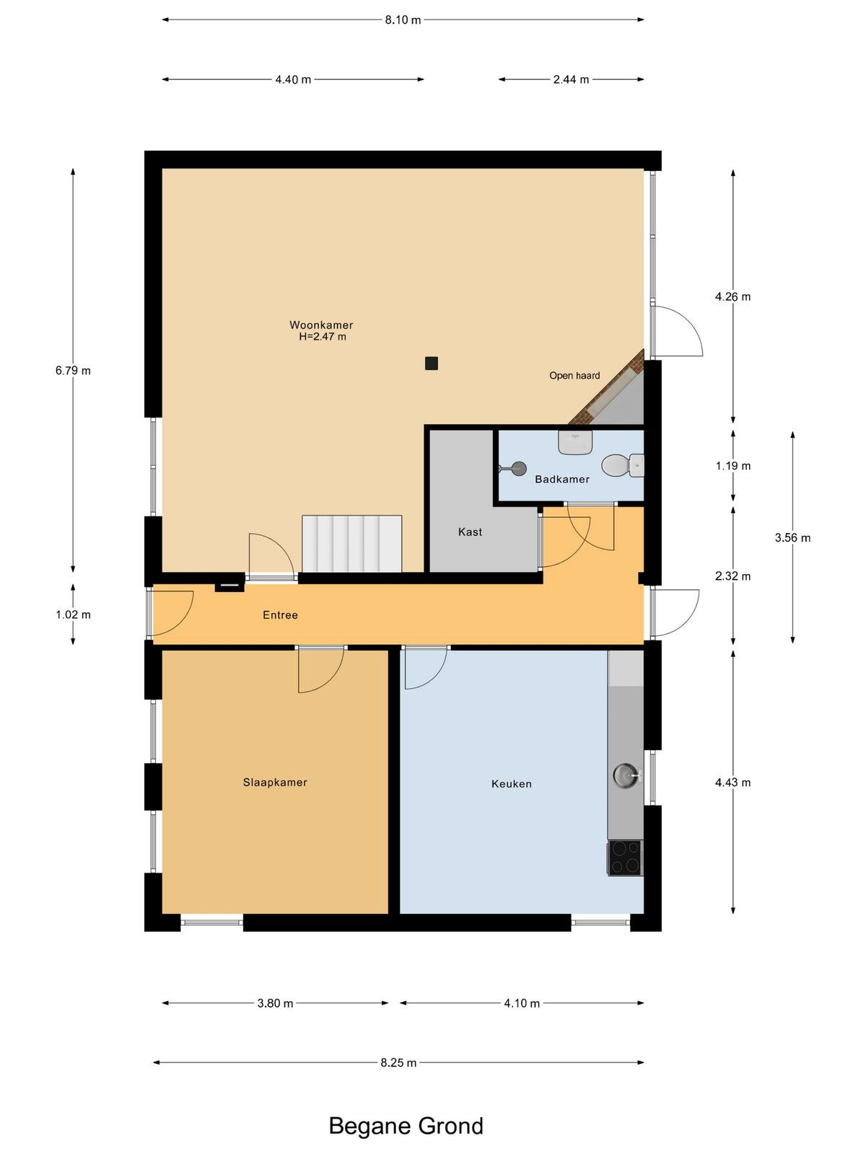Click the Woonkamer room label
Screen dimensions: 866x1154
pos(320,325)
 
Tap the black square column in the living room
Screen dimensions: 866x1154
pos(431,363)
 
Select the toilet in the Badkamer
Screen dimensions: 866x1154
pos(623,465)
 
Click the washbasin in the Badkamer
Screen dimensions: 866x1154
pos(575,442)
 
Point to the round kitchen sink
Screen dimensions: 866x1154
pos(626,775)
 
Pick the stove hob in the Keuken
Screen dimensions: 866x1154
pos(625,858)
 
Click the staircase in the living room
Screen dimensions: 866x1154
pos(351,543)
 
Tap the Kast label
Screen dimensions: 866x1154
pos(470,532)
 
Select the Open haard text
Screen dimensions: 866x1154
pos(574,375)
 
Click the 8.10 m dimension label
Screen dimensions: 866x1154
pos(403,20)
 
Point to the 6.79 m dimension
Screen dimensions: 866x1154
pos(73,371)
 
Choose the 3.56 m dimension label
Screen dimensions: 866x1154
pos(792,538)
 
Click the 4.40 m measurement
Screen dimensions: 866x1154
pos(293,79)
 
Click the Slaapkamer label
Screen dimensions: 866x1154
pos(274,783)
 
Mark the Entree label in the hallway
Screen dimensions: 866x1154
pos(280,615)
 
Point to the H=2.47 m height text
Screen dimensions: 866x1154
pos(323,337)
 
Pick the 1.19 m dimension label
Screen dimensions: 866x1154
pos(733,466)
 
